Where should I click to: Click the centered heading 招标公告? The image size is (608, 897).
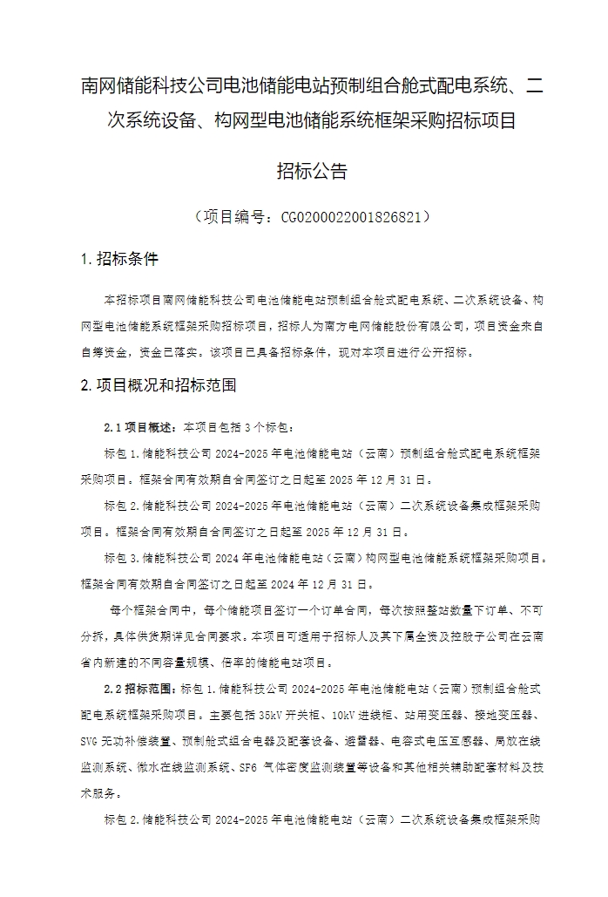coord(312,172)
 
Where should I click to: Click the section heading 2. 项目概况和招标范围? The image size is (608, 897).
coord(158,384)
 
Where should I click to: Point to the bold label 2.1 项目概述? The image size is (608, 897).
coord(138,428)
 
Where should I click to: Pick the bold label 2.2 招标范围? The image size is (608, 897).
coord(138,689)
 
